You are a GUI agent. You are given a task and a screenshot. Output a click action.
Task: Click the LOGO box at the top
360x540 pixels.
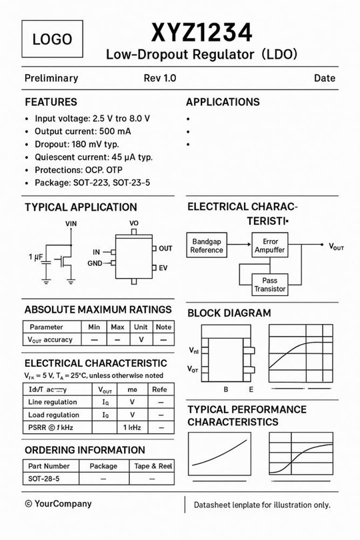(x=52, y=39)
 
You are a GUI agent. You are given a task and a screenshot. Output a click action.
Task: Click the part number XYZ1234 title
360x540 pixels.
(x=201, y=32)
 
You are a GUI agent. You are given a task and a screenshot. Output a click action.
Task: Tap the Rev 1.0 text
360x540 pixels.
(x=160, y=78)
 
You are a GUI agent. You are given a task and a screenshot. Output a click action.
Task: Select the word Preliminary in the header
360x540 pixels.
(x=51, y=78)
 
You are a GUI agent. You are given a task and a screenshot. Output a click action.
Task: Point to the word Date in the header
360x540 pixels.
(x=325, y=78)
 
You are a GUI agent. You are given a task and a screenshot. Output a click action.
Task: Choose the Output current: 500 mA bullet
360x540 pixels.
(x=83, y=131)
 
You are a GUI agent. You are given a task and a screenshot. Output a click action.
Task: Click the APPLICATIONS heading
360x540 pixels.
(x=223, y=102)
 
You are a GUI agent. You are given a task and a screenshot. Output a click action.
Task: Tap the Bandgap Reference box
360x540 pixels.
(x=207, y=245)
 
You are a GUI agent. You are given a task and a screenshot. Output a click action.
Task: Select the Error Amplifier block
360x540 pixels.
(x=270, y=245)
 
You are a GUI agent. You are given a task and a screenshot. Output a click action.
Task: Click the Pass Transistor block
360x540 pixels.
(x=270, y=285)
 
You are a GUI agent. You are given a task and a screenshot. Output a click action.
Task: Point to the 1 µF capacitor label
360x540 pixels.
(x=36, y=257)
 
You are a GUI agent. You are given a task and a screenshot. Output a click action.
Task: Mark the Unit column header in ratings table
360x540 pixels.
(x=141, y=327)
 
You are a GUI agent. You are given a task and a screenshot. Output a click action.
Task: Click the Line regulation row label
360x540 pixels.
(x=53, y=402)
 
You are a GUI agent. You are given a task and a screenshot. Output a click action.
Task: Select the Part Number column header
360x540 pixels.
(x=49, y=466)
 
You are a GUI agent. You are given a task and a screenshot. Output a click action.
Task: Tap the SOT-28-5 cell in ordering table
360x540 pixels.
(x=44, y=479)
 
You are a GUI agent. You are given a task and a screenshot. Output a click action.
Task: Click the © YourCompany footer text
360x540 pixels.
(x=58, y=504)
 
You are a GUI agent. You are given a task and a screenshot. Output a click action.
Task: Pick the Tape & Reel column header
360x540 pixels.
(x=153, y=466)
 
